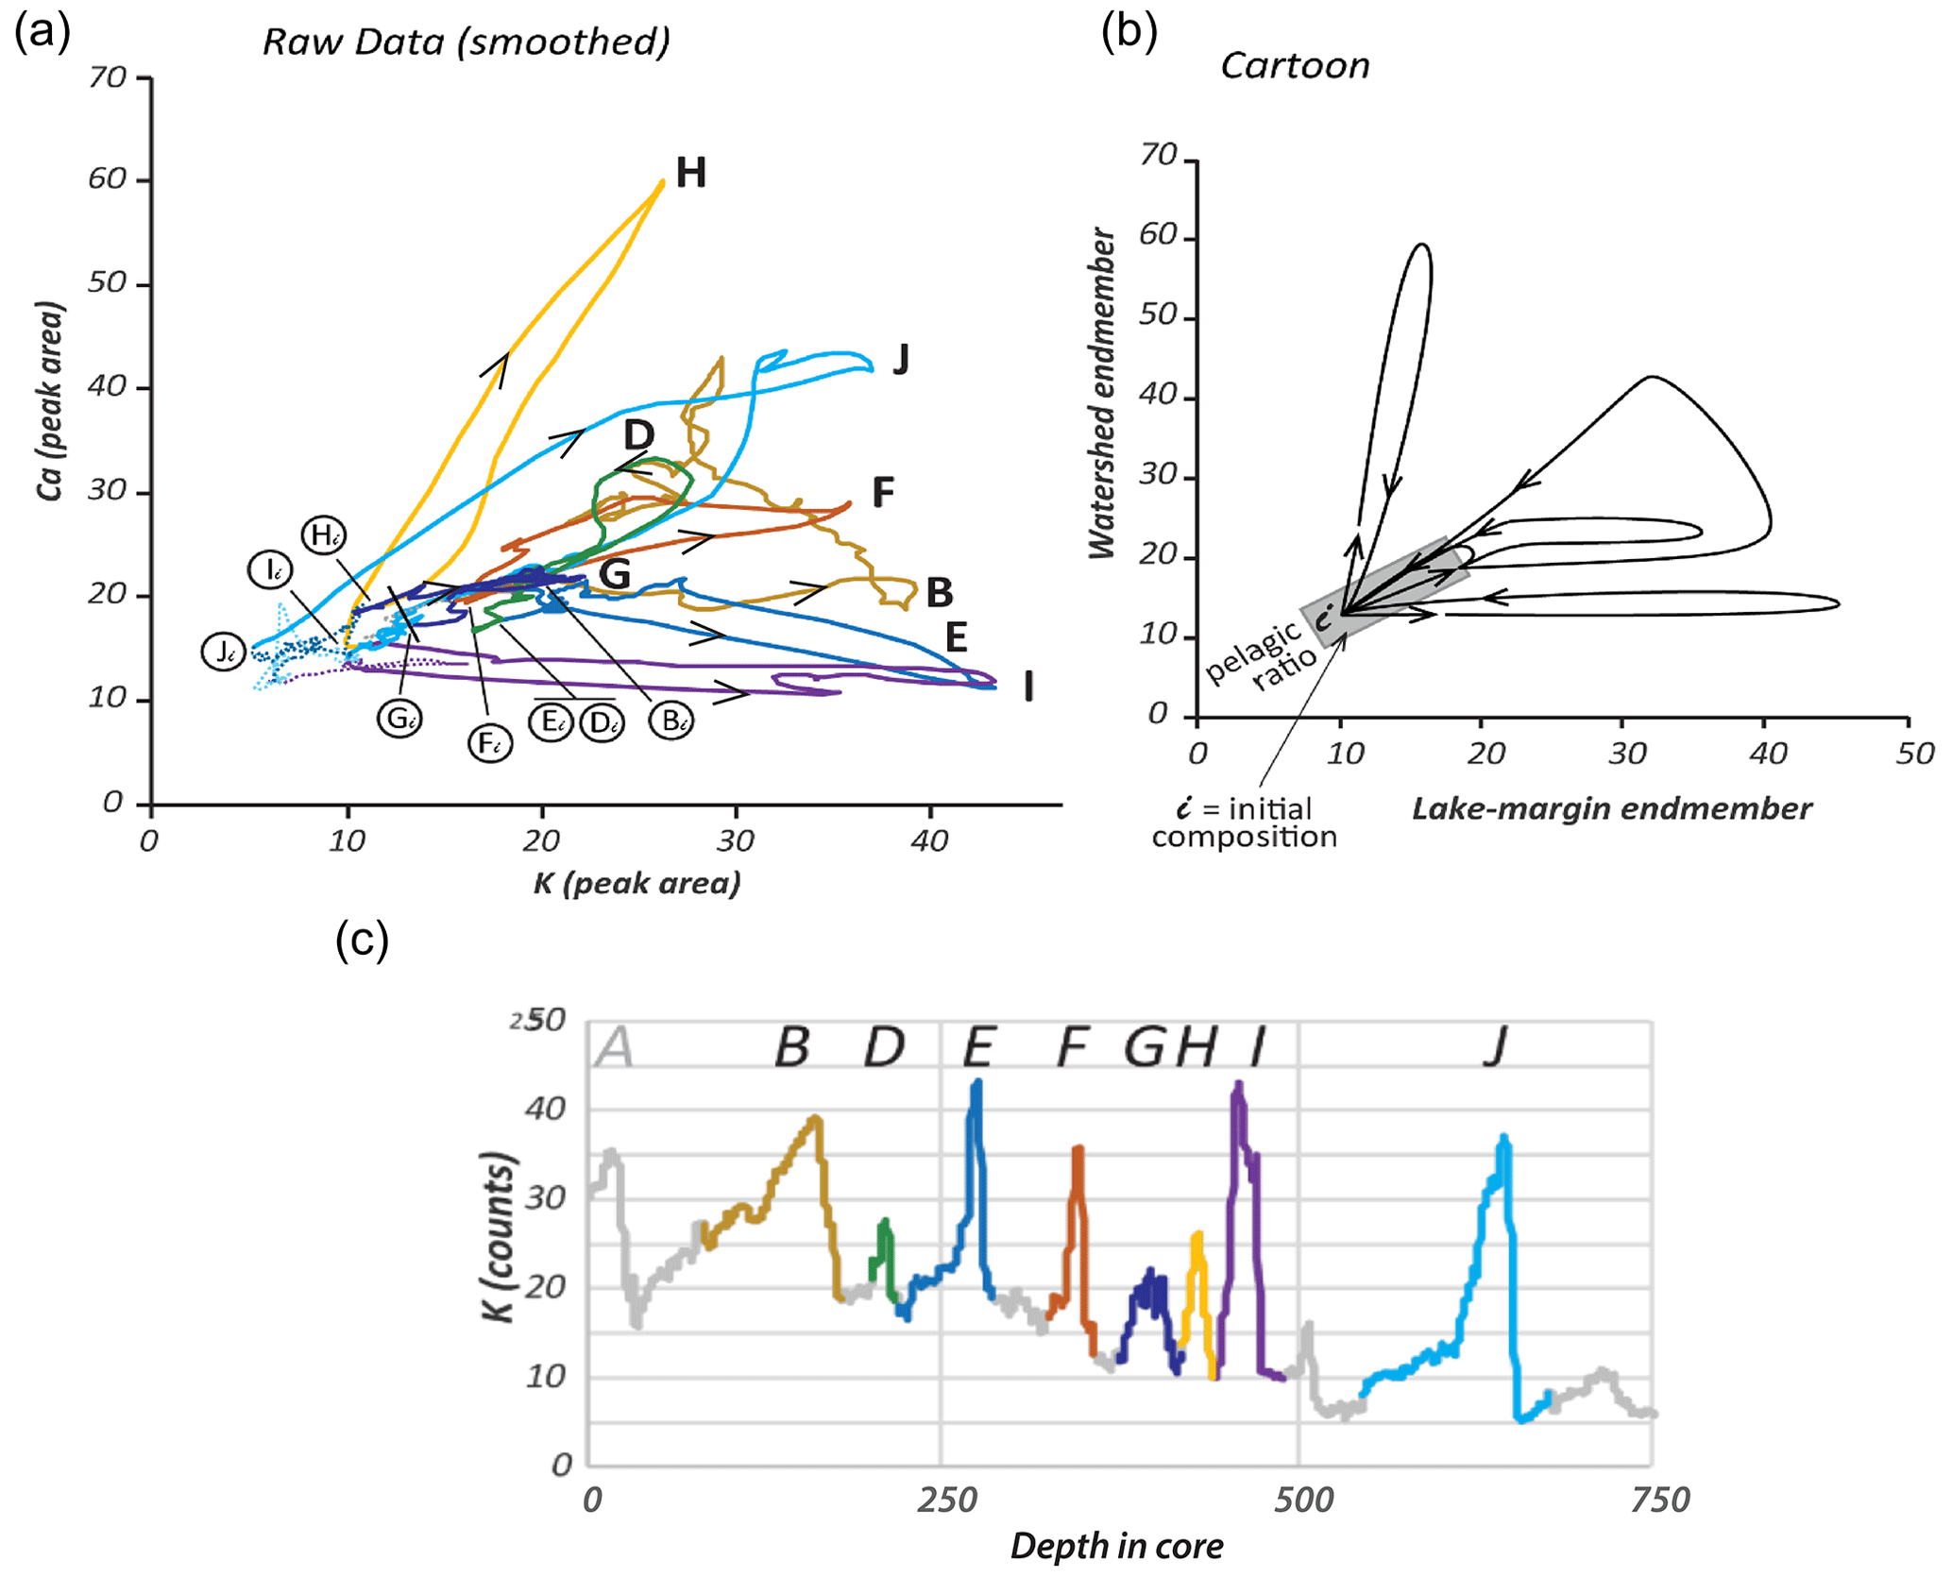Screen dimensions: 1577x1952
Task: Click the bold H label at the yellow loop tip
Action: (691, 173)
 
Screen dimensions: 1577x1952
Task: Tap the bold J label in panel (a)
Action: (901, 360)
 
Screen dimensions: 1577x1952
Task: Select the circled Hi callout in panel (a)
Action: (324, 535)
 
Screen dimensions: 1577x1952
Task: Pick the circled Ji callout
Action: (224, 652)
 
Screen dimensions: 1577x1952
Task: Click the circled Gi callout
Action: (399, 719)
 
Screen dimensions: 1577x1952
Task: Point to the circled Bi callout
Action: (671, 721)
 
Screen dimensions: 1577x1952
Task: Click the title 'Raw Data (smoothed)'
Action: (467, 42)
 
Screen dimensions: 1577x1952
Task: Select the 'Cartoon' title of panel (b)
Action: (1295, 65)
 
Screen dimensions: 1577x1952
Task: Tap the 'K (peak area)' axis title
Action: (637, 883)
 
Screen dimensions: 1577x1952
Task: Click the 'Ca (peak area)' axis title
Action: (49, 400)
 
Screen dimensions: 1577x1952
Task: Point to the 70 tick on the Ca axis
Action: (108, 76)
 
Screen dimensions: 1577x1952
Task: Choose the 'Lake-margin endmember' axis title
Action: (1612, 808)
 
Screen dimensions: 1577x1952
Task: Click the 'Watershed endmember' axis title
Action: (1102, 393)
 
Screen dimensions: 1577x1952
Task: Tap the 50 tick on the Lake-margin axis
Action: (1915, 753)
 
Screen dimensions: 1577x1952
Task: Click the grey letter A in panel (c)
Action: (616, 1046)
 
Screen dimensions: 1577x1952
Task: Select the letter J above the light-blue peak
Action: (1495, 1046)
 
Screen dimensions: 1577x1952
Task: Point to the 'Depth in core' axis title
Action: (1117, 1546)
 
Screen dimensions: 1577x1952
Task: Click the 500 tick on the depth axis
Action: (1303, 1499)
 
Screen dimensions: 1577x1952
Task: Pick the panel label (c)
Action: (362, 940)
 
